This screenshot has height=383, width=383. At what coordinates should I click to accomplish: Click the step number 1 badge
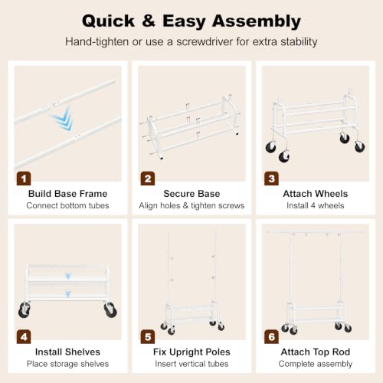[24, 178]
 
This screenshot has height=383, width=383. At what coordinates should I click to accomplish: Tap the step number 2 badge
[148, 178]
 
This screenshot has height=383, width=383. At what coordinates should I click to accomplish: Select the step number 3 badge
[271, 178]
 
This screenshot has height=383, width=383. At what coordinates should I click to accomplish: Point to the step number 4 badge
[24, 337]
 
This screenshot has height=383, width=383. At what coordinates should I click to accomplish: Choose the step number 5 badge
[148, 337]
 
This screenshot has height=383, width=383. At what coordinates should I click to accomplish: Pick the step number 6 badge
[271, 337]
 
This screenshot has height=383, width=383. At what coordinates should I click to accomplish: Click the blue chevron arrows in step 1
[64, 119]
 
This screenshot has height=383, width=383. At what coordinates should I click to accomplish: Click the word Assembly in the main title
[257, 21]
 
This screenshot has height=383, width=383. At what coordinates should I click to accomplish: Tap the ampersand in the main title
[149, 21]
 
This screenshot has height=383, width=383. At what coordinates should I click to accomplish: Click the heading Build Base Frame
[67, 194]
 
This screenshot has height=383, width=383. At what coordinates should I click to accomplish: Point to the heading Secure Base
[191, 194]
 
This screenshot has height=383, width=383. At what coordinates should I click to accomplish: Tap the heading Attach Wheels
[316, 194]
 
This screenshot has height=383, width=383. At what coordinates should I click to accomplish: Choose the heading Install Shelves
[67, 352]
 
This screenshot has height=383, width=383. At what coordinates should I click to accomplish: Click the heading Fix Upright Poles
[191, 352]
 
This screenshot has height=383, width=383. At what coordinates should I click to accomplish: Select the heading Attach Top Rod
[316, 352]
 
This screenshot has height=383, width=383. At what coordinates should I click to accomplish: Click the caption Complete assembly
[316, 364]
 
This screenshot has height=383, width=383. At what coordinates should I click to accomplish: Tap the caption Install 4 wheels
[316, 205]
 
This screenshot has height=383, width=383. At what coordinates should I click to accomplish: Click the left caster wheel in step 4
[25, 309]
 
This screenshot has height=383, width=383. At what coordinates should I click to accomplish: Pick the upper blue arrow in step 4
[68, 276]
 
